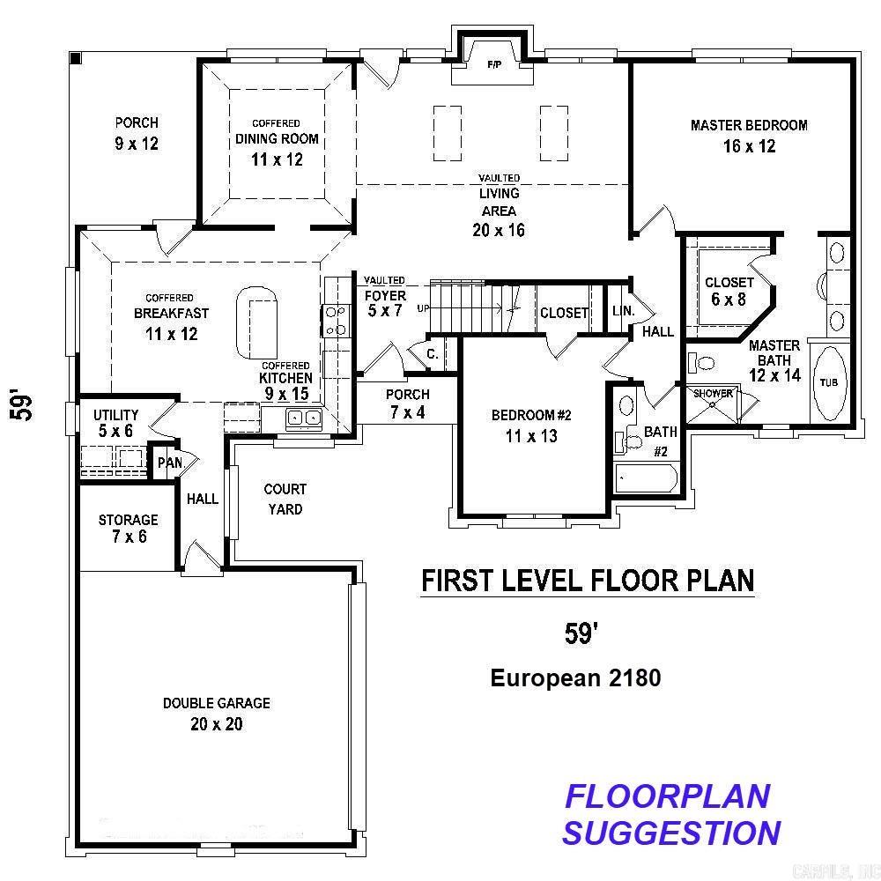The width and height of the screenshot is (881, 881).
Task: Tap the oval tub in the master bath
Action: (829, 385)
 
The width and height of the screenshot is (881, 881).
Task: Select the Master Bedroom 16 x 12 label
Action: (749, 136)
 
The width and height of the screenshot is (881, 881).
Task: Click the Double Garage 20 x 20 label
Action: (216, 714)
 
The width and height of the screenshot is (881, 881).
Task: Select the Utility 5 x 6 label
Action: (115, 423)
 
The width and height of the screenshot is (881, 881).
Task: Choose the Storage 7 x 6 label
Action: (128, 528)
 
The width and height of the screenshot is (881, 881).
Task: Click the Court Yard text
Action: (285, 499)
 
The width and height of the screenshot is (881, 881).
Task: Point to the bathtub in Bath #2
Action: (646, 479)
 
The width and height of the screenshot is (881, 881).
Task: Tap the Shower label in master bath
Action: (713, 394)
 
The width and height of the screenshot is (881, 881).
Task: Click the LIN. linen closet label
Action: (622, 312)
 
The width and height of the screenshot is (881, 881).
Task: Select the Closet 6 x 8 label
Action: (729, 291)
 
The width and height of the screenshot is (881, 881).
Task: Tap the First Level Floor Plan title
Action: (588, 581)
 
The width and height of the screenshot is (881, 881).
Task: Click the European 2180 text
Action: (575, 677)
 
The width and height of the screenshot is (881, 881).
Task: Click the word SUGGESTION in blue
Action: (671, 832)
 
